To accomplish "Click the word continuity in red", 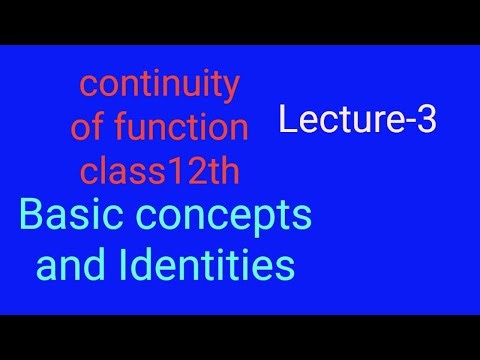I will tap(159, 86).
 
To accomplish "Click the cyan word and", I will tap(69, 265).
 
